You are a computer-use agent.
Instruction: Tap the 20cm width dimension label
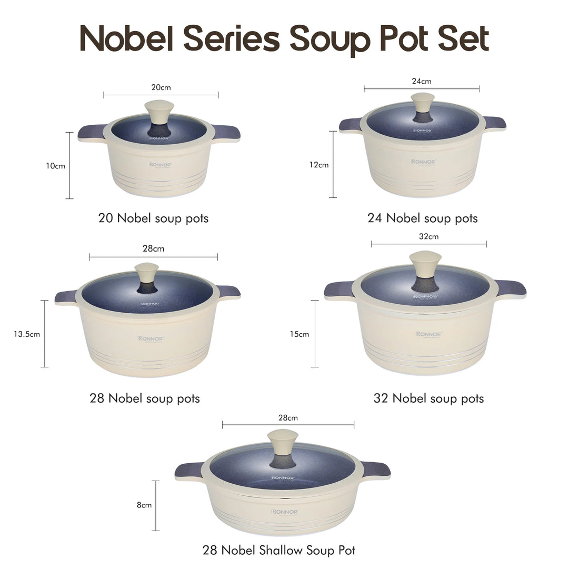(x=161, y=87)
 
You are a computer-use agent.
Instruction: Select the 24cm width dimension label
(x=422, y=81)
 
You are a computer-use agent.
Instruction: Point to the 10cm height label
(x=55, y=166)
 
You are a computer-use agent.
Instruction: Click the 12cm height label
(x=318, y=165)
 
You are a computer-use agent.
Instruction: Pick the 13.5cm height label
(x=27, y=334)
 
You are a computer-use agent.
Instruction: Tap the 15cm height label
(x=300, y=334)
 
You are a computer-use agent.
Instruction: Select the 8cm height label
(x=144, y=505)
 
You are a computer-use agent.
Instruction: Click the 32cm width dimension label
(x=428, y=236)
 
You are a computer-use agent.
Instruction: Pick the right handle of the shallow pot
(x=377, y=468)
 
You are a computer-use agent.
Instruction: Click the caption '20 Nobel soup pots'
(x=153, y=218)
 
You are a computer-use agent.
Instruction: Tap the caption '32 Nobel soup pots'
(x=428, y=398)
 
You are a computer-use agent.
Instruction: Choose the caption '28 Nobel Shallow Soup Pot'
(x=279, y=551)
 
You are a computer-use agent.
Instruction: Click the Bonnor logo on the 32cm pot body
(x=429, y=334)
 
